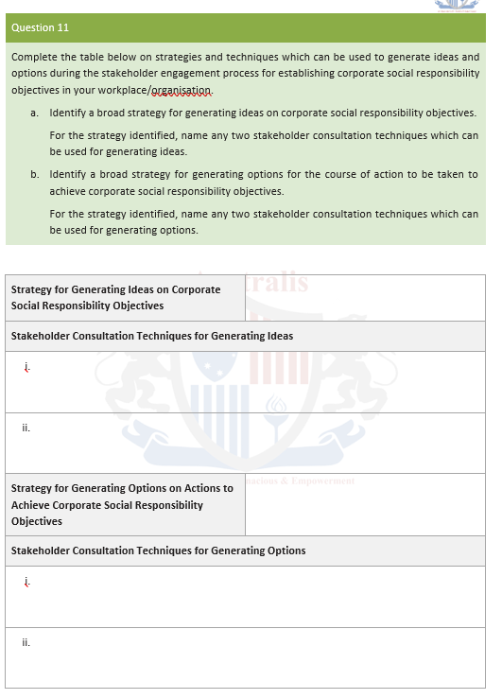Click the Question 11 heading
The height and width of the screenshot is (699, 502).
pyautogui.click(x=41, y=27)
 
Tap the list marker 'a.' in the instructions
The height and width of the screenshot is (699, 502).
pyautogui.click(x=34, y=113)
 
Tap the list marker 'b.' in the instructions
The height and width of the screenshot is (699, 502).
pyautogui.click(x=34, y=174)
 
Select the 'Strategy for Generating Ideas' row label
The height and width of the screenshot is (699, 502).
pyautogui.click(x=115, y=297)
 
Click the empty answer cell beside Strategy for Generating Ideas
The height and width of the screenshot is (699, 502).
pyautogui.click(x=366, y=297)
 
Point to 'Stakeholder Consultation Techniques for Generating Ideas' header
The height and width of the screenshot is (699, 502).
pyautogui.click(x=152, y=336)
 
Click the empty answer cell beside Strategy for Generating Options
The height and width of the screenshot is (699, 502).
pyautogui.click(x=365, y=504)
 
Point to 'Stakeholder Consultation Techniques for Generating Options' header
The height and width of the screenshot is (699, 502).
pyautogui.click(x=158, y=550)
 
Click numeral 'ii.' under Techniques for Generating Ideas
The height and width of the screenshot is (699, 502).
pyautogui.click(x=26, y=428)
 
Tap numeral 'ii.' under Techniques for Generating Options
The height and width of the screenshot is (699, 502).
pyautogui.click(x=26, y=642)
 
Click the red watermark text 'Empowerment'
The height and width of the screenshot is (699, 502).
pyautogui.click(x=323, y=481)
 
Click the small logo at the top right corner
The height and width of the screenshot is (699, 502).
pyautogui.click(x=458, y=6)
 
